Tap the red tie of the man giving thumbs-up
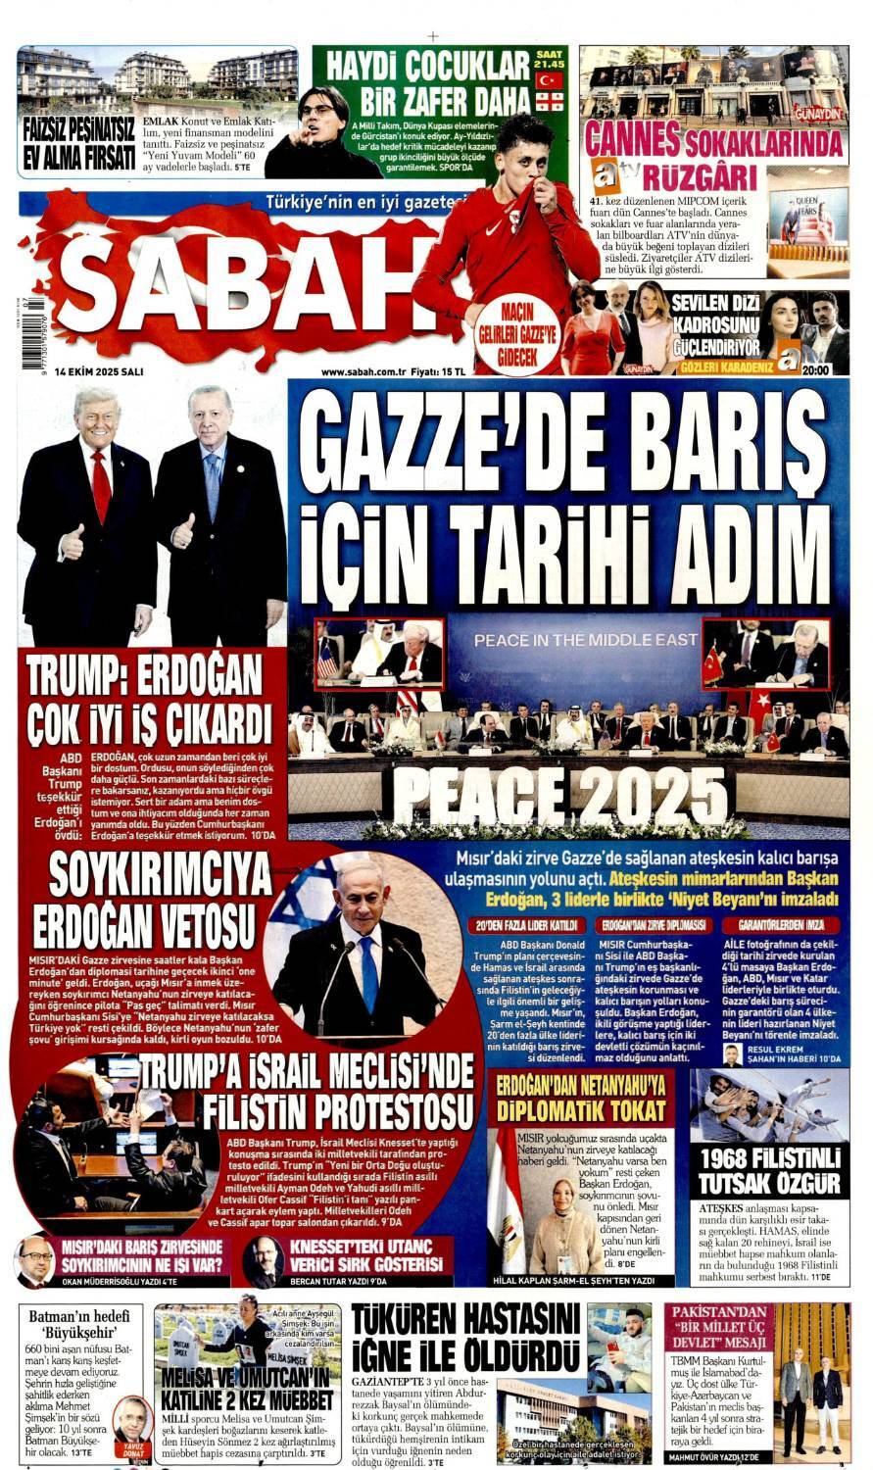point(101,486)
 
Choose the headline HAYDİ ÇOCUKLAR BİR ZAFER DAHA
point(428,84)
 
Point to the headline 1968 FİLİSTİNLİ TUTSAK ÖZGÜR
point(769,1170)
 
